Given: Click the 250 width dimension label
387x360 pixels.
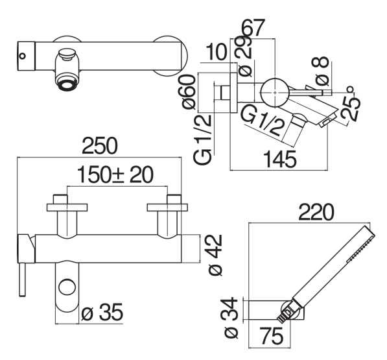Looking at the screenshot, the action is (x=100, y=146).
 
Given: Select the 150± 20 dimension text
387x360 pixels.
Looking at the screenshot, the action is (x=115, y=175).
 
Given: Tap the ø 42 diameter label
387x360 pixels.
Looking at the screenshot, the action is (x=215, y=255).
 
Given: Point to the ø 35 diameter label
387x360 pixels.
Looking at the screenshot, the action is (x=102, y=312).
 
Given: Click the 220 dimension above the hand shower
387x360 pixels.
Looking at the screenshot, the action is (x=316, y=212).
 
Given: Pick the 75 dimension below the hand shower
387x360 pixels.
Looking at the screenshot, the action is (x=272, y=336).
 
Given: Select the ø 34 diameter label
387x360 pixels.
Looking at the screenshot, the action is (x=231, y=318).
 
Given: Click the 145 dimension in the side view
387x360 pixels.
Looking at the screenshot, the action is (x=280, y=160).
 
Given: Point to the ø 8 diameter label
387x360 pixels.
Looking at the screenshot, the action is (x=321, y=71).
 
